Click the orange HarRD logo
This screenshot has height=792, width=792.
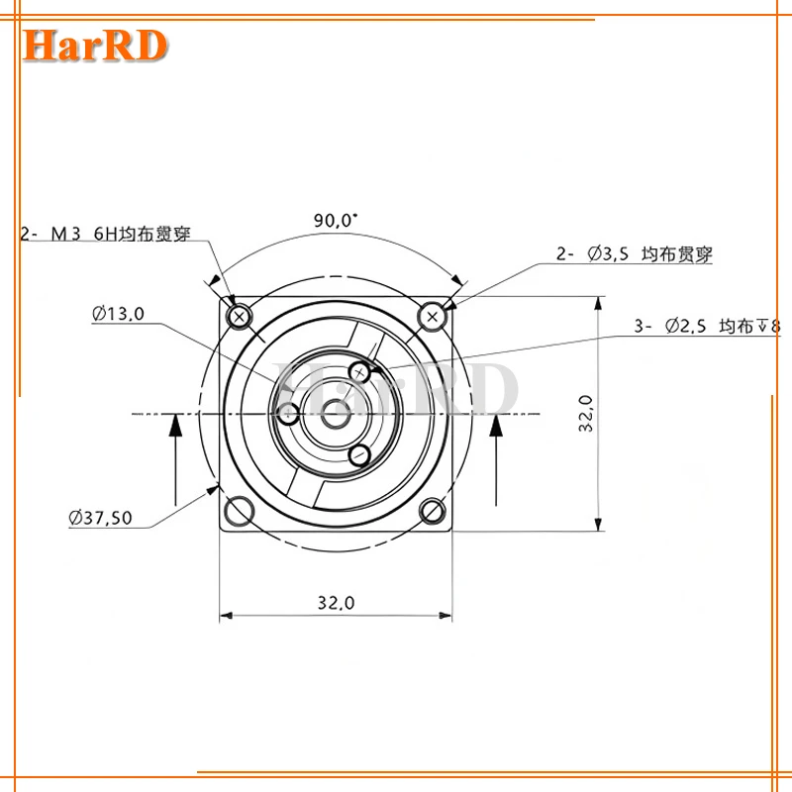(x=97, y=45)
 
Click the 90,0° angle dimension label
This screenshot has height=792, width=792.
(x=335, y=221)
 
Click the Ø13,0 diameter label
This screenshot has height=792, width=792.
(x=118, y=314)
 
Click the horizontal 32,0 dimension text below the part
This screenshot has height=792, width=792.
(x=336, y=602)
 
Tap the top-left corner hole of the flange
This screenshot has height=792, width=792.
(x=239, y=316)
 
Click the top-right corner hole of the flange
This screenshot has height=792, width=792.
(x=432, y=316)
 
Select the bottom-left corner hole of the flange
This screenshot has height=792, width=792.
(x=239, y=510)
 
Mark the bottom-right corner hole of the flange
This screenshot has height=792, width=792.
(x=432, y=510)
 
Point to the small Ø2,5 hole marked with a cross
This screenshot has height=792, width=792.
(x=361, y=371)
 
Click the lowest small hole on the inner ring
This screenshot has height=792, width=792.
(x=361, y=454)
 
